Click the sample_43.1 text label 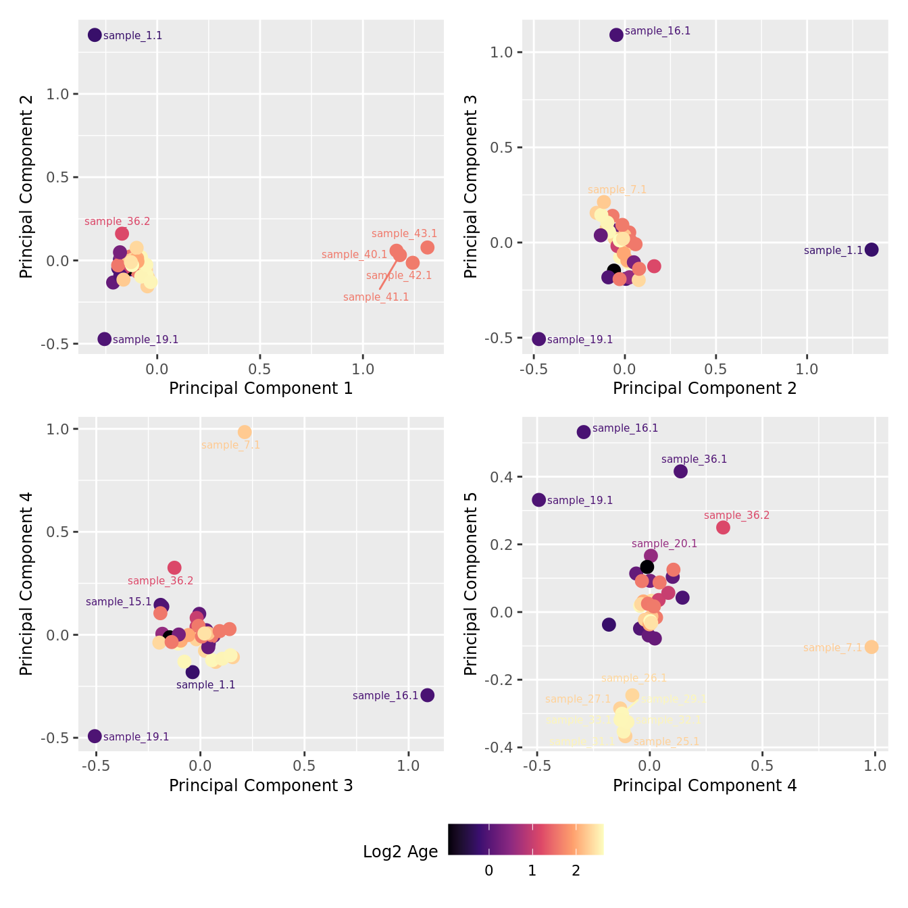pos(404,234)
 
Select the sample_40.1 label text pos(354,255)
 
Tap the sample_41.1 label pos(376,297)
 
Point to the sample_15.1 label pos(118,602)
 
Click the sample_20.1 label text pos(664,544)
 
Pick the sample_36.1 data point pos(680,471)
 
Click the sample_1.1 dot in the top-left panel pos(95,35)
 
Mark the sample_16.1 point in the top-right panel pos(616,34)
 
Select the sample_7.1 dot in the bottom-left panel pos(245,432)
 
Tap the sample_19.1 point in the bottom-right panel pos(538,500)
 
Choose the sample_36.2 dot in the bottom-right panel pos(723,527)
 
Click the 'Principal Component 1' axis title pos(261,388)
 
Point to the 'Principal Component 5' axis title pos(471,584)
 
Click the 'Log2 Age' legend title pos(400,852)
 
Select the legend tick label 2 pos(576,871)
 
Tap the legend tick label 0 pos(488,871)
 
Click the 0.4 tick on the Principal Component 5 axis pos(503,477)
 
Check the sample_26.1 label pos(634,678)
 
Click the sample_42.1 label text pos(399,276)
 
